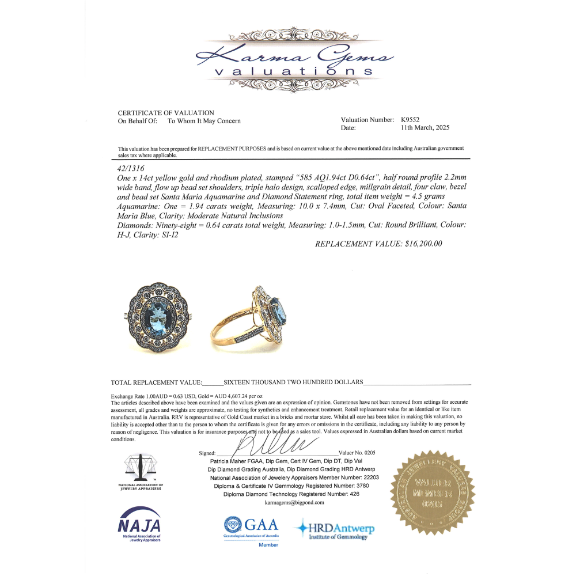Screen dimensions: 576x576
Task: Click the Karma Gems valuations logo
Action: (294, 63)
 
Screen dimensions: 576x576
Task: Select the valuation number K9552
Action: (412, 120)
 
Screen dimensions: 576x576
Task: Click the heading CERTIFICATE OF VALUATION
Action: (166, 113)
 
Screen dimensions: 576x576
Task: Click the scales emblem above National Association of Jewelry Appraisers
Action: (141, 467)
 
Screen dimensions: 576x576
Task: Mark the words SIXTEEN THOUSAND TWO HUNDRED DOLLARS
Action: (293, 382)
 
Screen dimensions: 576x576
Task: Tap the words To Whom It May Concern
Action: (204, 121)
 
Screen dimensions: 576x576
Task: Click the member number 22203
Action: (366, 478)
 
